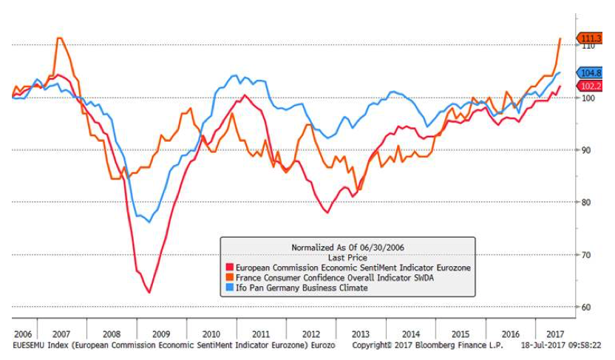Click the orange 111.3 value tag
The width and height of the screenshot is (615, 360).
[592, 38]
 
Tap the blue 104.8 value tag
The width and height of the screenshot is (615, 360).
[592, 73]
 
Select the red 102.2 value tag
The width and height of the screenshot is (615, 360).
[592, 86]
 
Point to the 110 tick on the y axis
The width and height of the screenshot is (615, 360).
[588, 46]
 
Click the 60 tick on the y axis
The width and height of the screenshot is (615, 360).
[586, 307]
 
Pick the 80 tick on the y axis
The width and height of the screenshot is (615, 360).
[586, 203]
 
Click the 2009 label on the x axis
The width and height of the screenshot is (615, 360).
[163, 334]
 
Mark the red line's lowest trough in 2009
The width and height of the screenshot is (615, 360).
[149, 293]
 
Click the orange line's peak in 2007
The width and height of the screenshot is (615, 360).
[60, 38]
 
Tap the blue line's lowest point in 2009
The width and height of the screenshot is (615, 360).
[149, 222]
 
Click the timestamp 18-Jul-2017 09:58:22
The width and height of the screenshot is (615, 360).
[560, 346]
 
